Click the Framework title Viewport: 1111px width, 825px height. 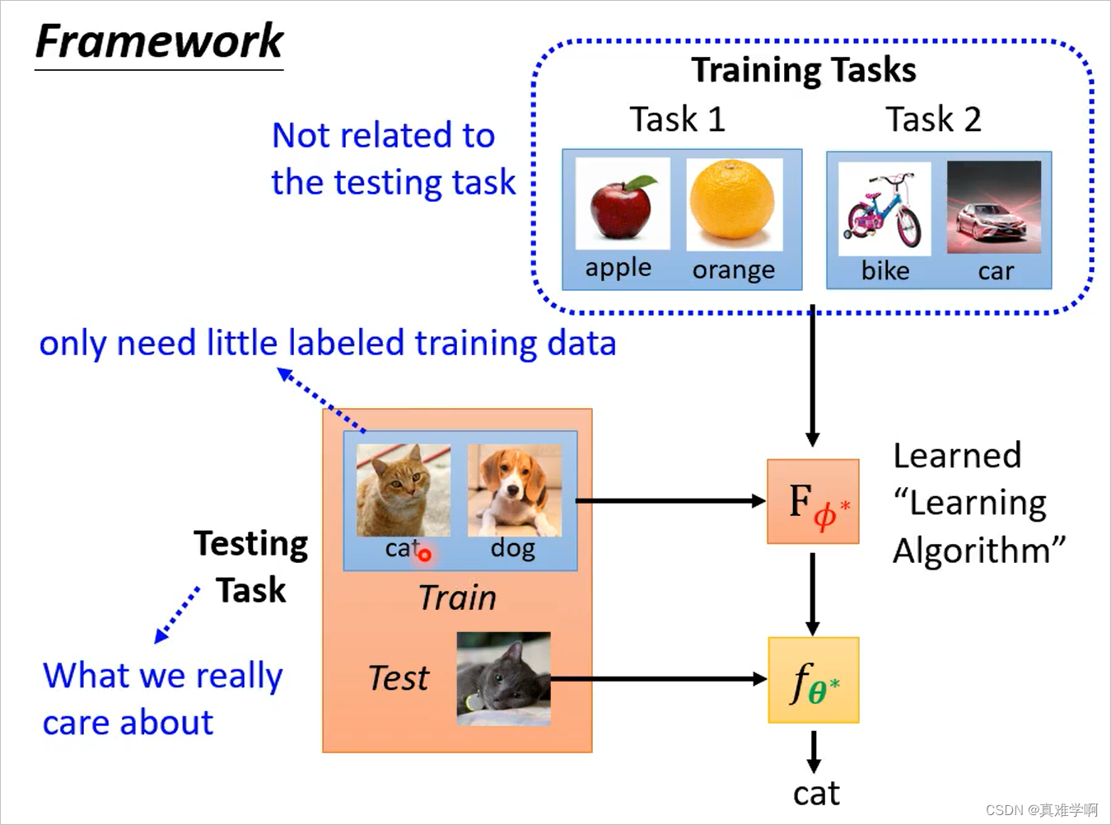(x=159, y=41)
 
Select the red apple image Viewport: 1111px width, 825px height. (x=623, y=204)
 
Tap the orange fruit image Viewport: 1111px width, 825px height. (x=733, y=203)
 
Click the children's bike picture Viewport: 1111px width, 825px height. (x=885, y=208)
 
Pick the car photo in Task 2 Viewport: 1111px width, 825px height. (x=994, y=207)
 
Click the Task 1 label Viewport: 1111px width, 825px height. (x=677, y=120)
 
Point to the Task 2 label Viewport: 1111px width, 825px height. (x=933, y=120)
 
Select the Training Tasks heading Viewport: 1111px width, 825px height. (x=803, y=70)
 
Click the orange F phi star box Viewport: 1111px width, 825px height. (x=813, y=501)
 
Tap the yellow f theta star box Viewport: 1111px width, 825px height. (x=813, y=680)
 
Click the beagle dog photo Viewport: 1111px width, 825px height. (x=514, y=490)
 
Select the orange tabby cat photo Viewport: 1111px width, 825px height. (x=403, y=490)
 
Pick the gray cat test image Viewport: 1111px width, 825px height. (x=503, y=678)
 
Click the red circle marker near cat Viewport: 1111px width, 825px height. (x=424, y=555)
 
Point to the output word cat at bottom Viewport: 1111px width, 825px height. (x=815, y=793)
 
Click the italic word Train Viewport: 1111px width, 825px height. (x=457, y=598)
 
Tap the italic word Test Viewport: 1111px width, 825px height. (x=399, y=678)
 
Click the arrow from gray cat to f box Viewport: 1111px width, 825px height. (x=659, y=679)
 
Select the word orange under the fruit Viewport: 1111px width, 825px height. (x=733, y=270)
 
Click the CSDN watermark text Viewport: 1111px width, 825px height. (x=1041, y=809)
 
